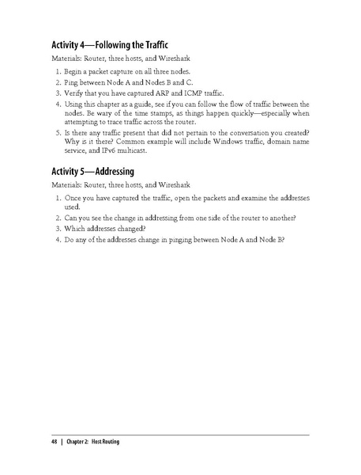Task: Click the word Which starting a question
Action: point(76,227)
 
